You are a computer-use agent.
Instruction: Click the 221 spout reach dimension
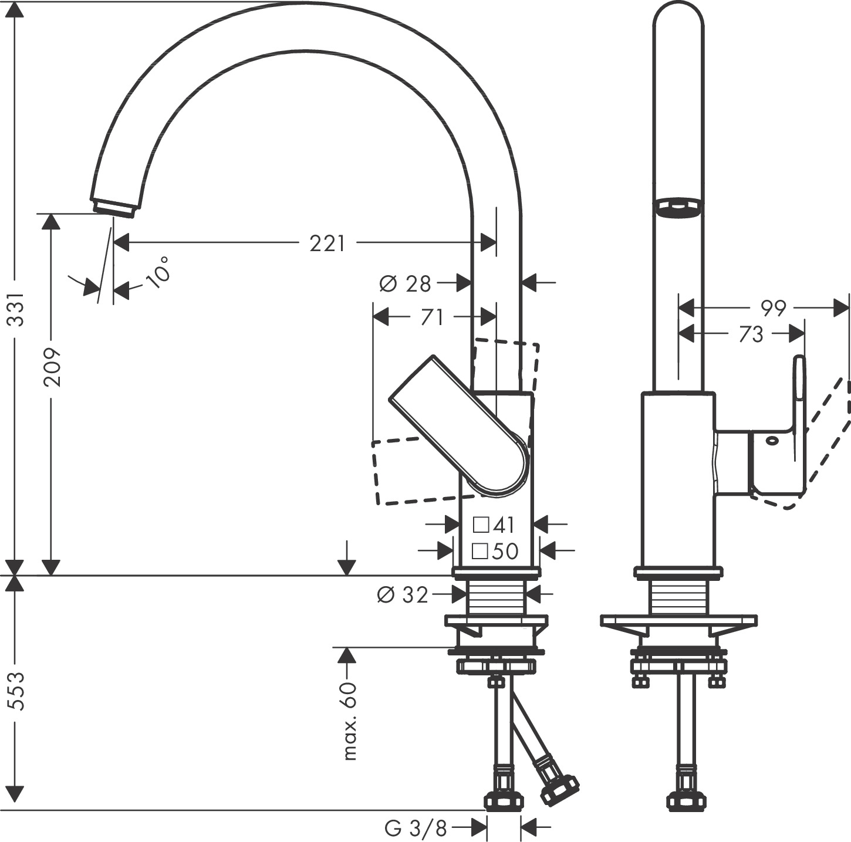(327, 242)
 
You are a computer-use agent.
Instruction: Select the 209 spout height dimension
(52, 367)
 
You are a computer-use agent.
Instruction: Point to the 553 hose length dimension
(18, 691)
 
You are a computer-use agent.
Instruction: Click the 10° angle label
(158, 272)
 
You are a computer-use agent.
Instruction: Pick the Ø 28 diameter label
(405, 284)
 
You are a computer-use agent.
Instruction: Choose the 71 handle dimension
(431, 317)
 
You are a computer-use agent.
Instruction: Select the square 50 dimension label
(495, 551)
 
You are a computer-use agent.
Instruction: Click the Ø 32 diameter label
(403, 595)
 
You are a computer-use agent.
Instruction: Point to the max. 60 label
(349, 721)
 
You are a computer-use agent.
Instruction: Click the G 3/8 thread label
(416, 829)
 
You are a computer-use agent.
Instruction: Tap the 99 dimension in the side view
(773, 307)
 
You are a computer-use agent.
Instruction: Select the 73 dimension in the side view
(751, 334)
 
